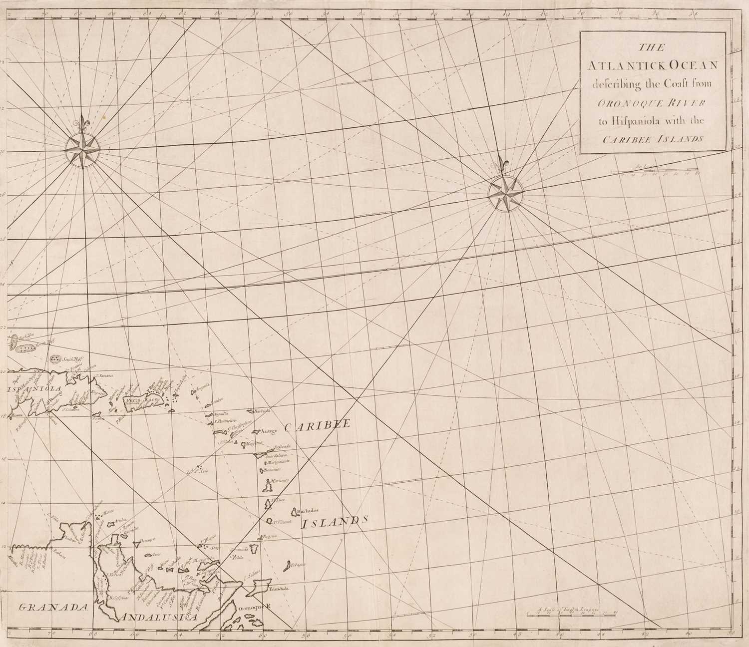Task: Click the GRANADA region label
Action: (51, 607)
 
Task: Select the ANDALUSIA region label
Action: (158, 618)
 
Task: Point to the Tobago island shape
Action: (288, 565)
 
